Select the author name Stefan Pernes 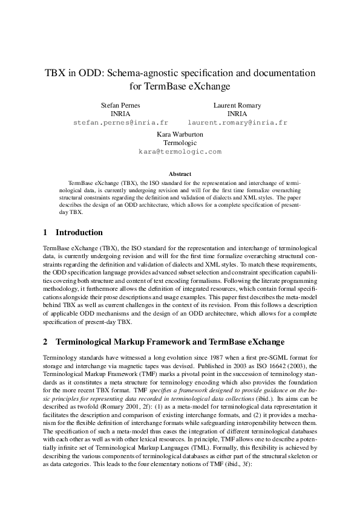pos(120,105)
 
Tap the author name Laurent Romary pos(237,105)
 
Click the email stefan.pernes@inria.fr pos(120,122)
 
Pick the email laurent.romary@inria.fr pos(237,122)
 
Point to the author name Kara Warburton pos(180,134)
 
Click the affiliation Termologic pos(180,143)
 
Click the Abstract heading pos(180,174)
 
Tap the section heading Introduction pos(79,233)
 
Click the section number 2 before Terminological pos(45,342)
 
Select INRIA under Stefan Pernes pos(120,114)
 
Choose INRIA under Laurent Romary pos(237,114)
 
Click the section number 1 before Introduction pos(45,233)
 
